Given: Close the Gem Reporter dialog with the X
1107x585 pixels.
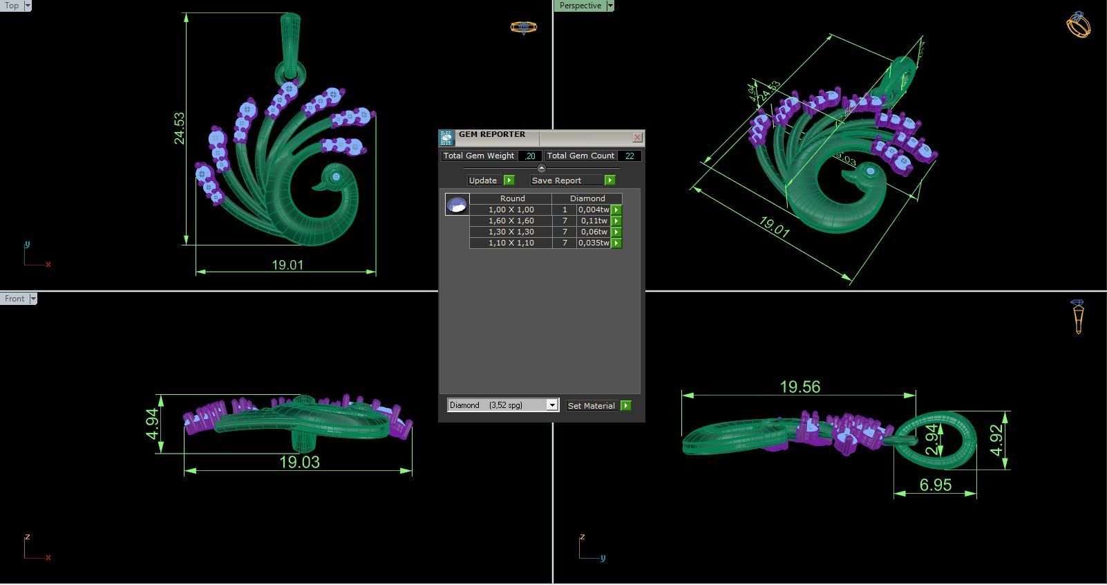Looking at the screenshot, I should [x=637, y=137].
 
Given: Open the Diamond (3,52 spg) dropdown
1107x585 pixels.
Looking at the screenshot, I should [x=551, y=405].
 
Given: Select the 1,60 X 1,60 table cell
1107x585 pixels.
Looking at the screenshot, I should [x=511, y=221].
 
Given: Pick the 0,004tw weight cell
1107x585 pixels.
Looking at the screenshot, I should [x=594, y=210].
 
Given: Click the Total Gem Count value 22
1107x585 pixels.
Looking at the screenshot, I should [x=630, y=156].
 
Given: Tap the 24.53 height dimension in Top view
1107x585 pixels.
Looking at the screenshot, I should [x=180, y=129].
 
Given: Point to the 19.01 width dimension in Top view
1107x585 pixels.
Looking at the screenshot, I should [x=287, y=265].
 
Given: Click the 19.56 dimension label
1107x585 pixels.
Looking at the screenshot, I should [x=799, y=387].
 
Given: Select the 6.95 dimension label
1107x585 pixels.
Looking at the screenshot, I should [x=936, y=485].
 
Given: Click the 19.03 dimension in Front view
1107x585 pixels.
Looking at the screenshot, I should [x=299, y=462].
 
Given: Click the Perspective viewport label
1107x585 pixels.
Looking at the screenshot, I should [x=580, y=6].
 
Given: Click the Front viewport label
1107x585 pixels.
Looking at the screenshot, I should [x=15, y=299].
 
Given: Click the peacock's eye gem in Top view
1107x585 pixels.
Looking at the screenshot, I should [x=336, y=177].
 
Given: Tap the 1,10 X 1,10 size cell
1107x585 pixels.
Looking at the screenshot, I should [x=511, y=243].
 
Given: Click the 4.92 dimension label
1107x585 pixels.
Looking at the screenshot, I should [x=996, y=440].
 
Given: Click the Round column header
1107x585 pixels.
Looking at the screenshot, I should [x=512, y=198].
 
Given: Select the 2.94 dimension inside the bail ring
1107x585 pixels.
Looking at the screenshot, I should [x=932, y=440].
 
